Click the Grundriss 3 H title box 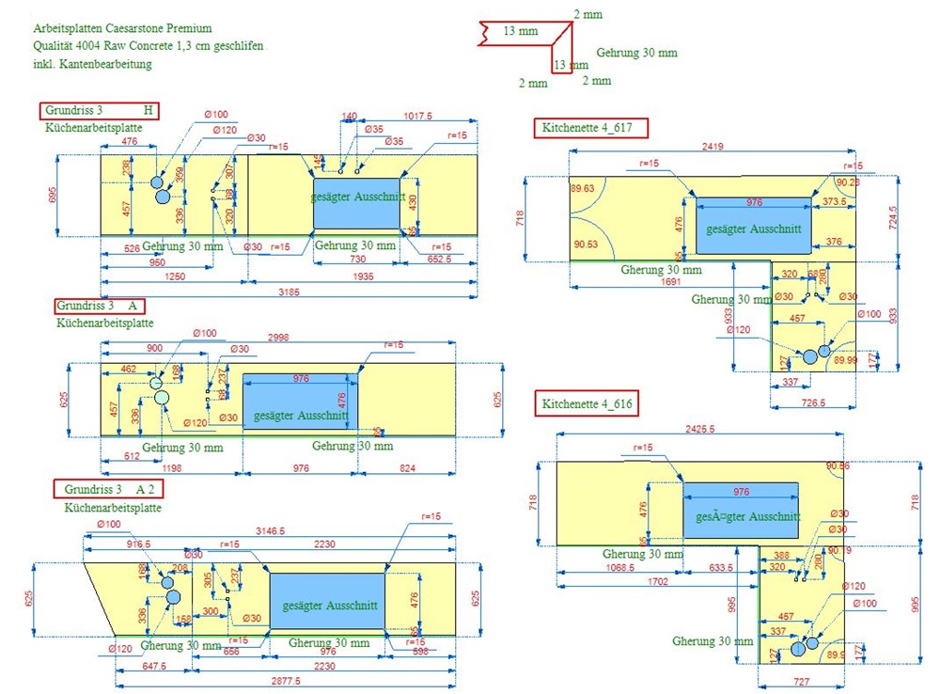coord(99,110)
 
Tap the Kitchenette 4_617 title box coord(591,128)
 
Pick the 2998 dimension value coord(277,337)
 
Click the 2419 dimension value coord(712,147)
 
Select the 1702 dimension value coord(657,582)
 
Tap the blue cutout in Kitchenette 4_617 coord(753,226)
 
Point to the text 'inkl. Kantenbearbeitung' coord(91,64)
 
